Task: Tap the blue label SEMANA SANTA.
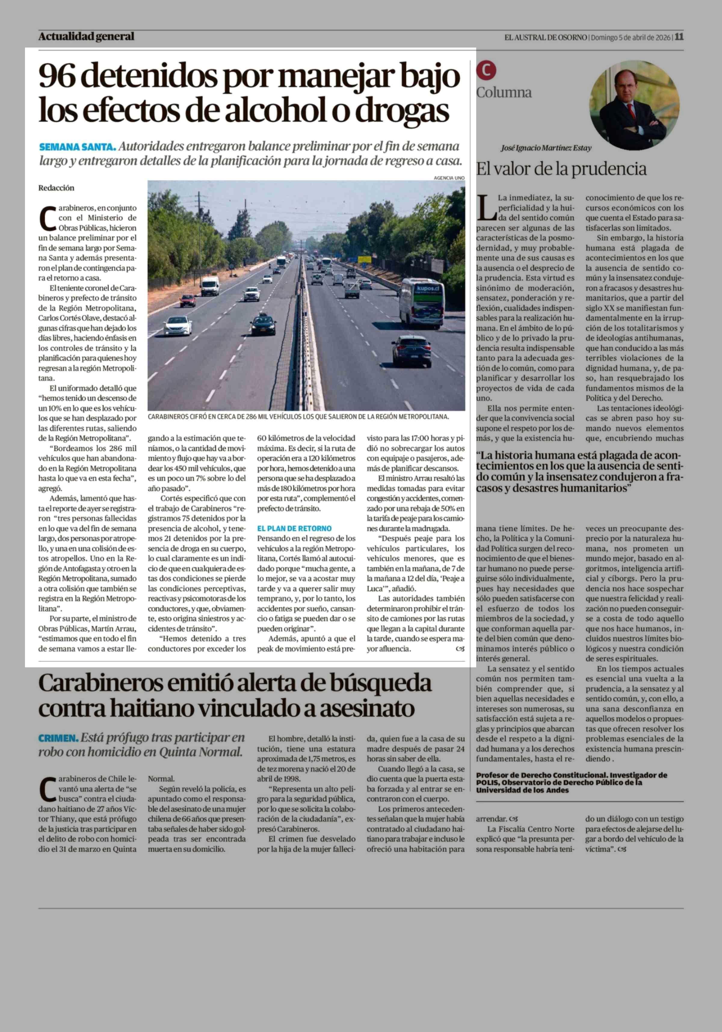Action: click(x=77, y=147)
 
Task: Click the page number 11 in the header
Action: click(x=679, y=37)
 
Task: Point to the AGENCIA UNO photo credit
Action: click(x=449, y=178)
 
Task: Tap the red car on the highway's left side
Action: click(x=188, y=300)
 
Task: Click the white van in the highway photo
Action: click(x=210, y=286)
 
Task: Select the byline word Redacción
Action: click(x=56, y=188)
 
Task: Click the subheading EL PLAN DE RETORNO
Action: click(x=294, y=529)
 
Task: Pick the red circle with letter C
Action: click(x=486, y=71)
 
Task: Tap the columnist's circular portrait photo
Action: click(x=634, y=105)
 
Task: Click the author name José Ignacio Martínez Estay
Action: click(x=546, y=148)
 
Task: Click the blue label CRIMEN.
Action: click(x=58, y=738)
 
